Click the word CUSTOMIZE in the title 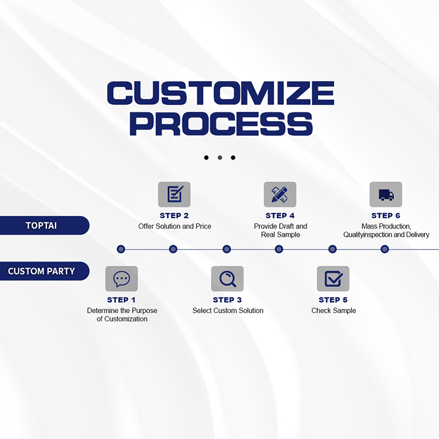(x=220, y=94)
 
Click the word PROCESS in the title (x=220, y=125)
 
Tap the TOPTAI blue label (x=42, y=225)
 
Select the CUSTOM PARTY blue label (x=42, y=271)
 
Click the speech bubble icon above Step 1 (x=122, y=279)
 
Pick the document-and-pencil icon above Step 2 (x=174, y=194)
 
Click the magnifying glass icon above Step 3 (x=227, y=279)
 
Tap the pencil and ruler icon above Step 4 (x=280, y=194)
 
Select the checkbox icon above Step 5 (x=333, y=279)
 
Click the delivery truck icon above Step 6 (x=386, y=194)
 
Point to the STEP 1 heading (x=122, y=300)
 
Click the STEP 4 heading (x=280, y=215)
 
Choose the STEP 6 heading (x=386, y=215)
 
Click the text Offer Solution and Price (x=174, y=226)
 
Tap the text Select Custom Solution (x=228, y=310)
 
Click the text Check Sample (x=333, y=310)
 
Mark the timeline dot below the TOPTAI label (x=121, y=249)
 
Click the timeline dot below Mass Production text (x=385, y=249)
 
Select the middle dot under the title (x=220, y=157)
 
